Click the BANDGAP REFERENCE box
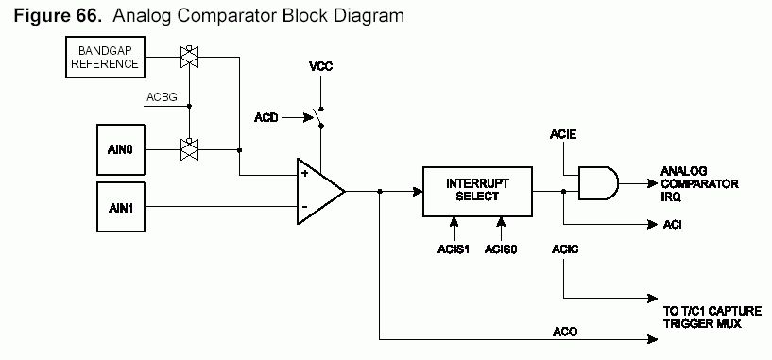pyautogui.click(x=106, y=57)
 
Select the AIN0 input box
pyautogui.click(x=121, y=149)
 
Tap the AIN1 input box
pyautogui.click(x=121, y=207)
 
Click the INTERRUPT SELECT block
pyautogui.click(x=477, y=192)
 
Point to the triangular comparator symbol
pyautogui.click(x=320, y=191)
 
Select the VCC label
pyautogui.click(x=320, y=66)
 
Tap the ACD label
pyautogui.click(x=266, y=118)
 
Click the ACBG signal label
pyautogui.click(x=162, y=97)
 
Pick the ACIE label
pyautogui.click(x=563, y=134)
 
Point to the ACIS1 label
pyautogui.click(x=454, y=249)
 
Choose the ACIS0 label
pyautogui.click(x=501, y=249)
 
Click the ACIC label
pyautogui.click(x=565, y=249)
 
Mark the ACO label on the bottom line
pyautogui.click(x=565, y=332)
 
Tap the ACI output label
pyautogui.click(x=672, y=225)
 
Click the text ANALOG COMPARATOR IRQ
pyautogui.click(x=699, y=183)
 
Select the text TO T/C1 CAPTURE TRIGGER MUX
pyautogui.click(x=712, y=317)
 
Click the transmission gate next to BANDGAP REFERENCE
pyautogui.click(x=189, y=57)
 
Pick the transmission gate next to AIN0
pyautogui.click(x=189, y=149)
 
